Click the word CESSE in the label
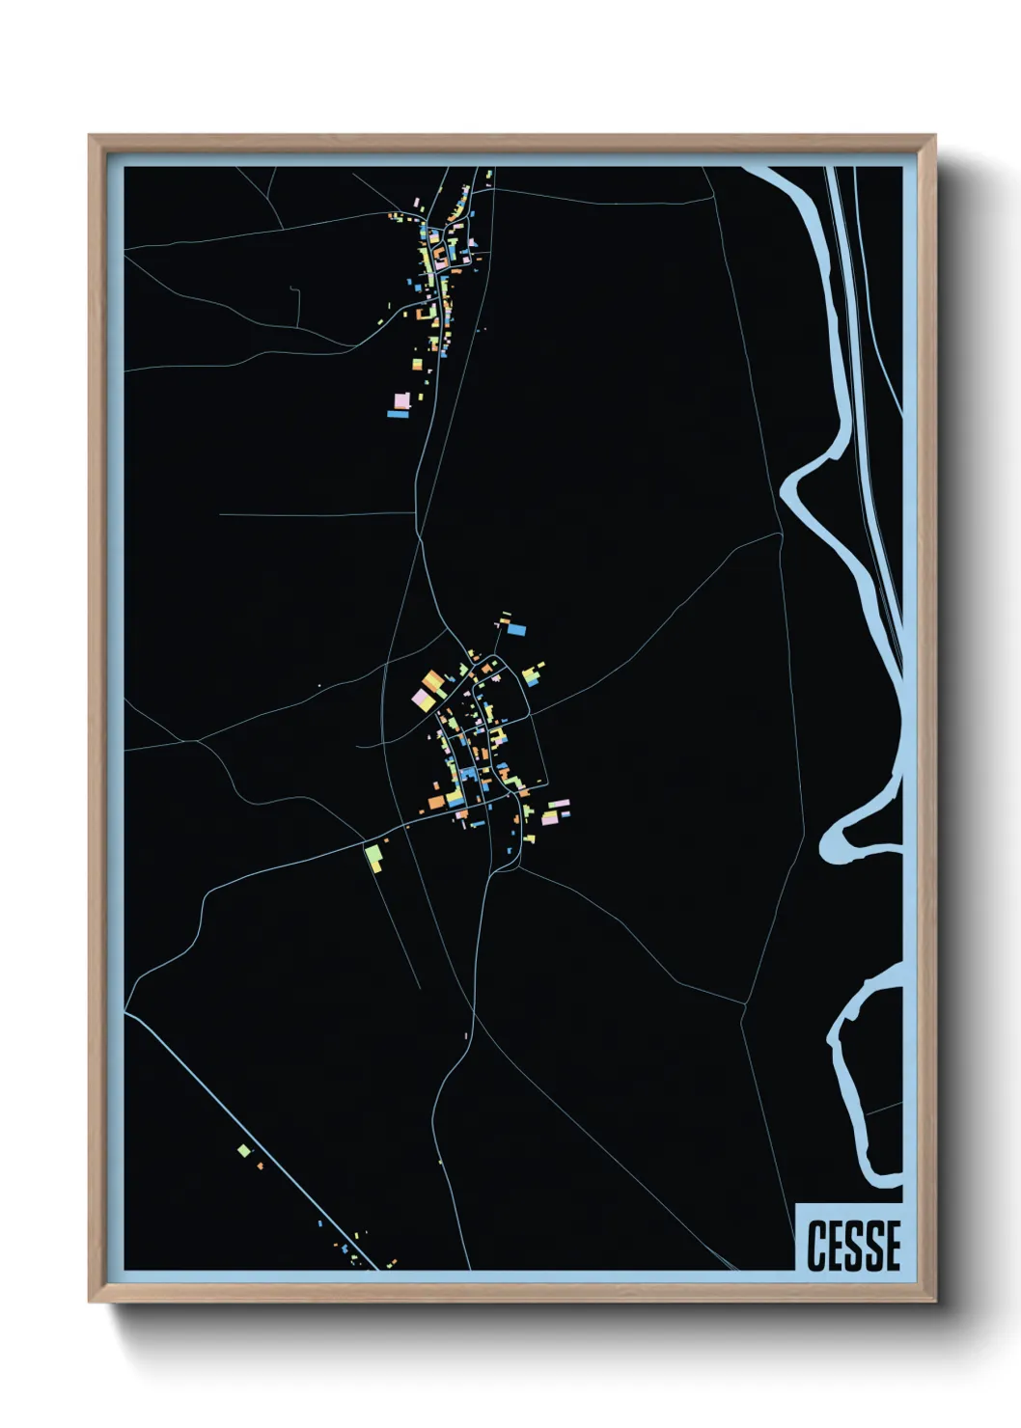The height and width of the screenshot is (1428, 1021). coord(853,1244)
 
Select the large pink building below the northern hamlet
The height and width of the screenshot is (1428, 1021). coord(401,399)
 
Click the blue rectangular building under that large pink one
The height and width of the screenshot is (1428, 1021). coord(398,414)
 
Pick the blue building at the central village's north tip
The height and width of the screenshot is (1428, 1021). coord(517,630)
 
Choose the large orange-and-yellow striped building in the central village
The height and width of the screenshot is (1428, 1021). coord(432,682)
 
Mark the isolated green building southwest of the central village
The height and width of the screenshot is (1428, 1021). coord(373,856)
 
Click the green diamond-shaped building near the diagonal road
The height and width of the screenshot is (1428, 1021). coord(244,1150)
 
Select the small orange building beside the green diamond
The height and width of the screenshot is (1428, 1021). coord(260,1167)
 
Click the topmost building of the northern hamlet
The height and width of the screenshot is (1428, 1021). coord(489,175)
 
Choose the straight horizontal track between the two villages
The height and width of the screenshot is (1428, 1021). coord(318,514)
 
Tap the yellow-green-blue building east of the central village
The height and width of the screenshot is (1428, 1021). coord(531,674)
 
